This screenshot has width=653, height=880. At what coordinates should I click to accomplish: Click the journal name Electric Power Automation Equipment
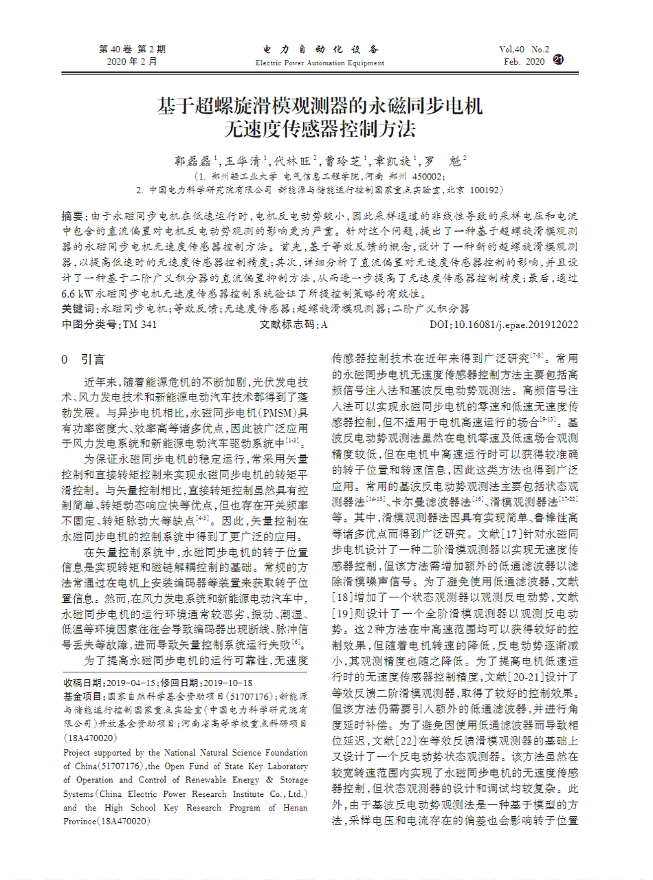[320, 63]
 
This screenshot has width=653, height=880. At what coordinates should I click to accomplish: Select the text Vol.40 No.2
[524, 49]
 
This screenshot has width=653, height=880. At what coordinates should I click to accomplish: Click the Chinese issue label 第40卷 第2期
[133, 49]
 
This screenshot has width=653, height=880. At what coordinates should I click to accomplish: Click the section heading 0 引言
[83, 359]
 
